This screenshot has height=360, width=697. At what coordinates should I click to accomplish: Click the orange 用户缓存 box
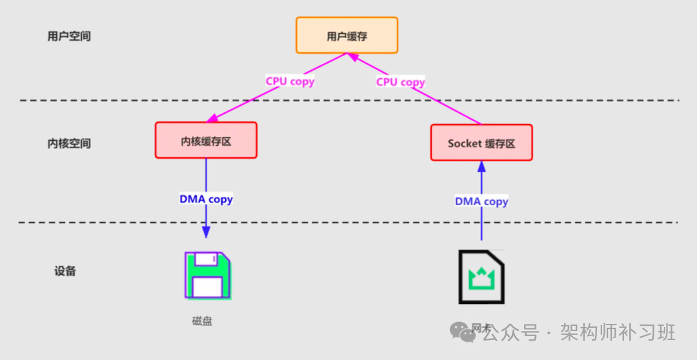(347, 35)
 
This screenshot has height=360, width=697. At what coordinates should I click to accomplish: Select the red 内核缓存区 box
(206, 140)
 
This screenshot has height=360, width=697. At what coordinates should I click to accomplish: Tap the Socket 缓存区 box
(481, 143)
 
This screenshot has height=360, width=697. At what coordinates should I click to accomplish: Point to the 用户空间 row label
(69, 36)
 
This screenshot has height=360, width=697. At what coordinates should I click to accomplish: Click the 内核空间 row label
(69, 143)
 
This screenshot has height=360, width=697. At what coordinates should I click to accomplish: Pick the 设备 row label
(65, 271)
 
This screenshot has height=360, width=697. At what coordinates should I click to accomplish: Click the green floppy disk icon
(208, 275)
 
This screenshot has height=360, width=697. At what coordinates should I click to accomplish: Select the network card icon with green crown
(481, 277)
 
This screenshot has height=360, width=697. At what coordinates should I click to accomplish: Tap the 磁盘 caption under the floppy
(202, 321)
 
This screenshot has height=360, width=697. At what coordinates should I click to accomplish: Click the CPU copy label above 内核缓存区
(290, 81)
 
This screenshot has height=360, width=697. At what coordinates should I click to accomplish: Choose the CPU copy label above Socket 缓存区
(400, 82)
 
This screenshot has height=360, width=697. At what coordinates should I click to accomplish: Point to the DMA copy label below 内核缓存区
(206, 199)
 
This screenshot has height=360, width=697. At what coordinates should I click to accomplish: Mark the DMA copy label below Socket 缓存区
(481, 201)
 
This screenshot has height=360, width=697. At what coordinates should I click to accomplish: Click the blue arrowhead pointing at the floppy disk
(206, 232)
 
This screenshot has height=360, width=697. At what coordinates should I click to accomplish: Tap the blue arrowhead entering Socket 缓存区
(481, 166)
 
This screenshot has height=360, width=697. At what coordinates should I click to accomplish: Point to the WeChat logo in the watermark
(464, 332)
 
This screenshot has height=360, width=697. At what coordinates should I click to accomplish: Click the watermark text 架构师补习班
(618, 332)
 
